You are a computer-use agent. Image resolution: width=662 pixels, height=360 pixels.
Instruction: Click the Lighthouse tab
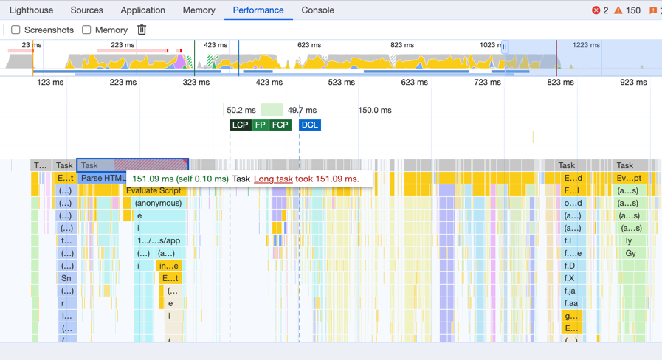[x=31, y=10]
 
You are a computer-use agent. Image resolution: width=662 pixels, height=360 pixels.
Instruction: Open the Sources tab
[x=86, y=10]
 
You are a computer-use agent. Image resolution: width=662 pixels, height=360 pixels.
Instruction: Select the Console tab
[x=317, y=10]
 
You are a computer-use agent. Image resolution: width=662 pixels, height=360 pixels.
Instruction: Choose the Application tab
[x=142, y=10]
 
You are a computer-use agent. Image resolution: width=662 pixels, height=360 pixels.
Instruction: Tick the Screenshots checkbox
[x=15, y=30]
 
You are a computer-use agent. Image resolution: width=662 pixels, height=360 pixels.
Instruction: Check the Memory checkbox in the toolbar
[x=86, y=30]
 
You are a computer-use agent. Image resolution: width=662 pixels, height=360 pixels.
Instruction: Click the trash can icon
[x=142, y=30]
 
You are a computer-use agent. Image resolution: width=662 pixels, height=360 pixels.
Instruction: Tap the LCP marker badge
[x=240, y=125]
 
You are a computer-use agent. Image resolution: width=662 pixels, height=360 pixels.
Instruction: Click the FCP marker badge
[x=280, y=125]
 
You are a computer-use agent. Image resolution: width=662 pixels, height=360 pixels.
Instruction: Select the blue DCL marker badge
[x=309, y=125]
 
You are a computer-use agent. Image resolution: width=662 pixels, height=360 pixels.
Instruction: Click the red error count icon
[x=596, y=10]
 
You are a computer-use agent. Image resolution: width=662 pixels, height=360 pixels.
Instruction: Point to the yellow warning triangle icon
[x=618, y=10]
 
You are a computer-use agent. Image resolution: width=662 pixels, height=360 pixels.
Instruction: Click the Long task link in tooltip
[x=273, y=179]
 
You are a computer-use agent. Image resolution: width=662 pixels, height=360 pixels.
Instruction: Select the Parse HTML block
[x=102, y=179]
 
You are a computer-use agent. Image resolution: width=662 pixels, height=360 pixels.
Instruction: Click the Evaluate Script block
[x=153, y=191]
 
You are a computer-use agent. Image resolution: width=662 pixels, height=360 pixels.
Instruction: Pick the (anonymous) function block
[x=158, y=204]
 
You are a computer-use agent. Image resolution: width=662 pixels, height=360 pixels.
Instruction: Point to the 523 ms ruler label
[x=341, y=83]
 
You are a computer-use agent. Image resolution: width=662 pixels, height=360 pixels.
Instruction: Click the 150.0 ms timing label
[x=374, y=111]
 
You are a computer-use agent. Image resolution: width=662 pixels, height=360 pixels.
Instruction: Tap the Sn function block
[x=66, y=278]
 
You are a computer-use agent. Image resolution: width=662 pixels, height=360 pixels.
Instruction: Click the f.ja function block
[x=571, y=291]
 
